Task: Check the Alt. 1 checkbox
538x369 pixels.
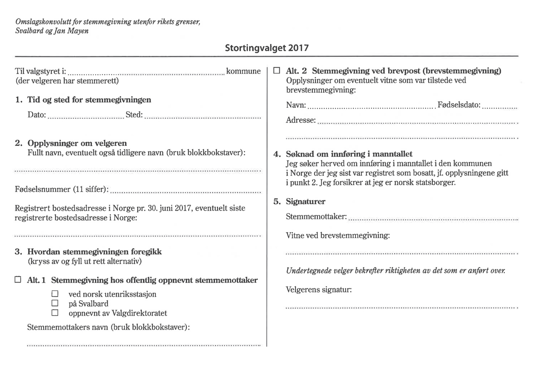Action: (x=18, y=280)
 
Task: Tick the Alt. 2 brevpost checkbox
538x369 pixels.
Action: (x=277, y=71)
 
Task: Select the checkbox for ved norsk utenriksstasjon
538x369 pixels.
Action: (x=55, y=294)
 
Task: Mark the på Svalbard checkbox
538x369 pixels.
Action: (x=55, y=303)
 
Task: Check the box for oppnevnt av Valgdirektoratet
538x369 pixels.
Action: (x=55, y=313)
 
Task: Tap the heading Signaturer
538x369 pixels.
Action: (x=305, y=202)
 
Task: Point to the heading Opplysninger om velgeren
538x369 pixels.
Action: (x=77, y=143)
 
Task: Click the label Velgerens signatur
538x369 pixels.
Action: (x=319, y=290)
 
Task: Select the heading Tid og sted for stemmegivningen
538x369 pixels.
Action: (x=89, y=100)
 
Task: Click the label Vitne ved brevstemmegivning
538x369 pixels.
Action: (x=338, y=235)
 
